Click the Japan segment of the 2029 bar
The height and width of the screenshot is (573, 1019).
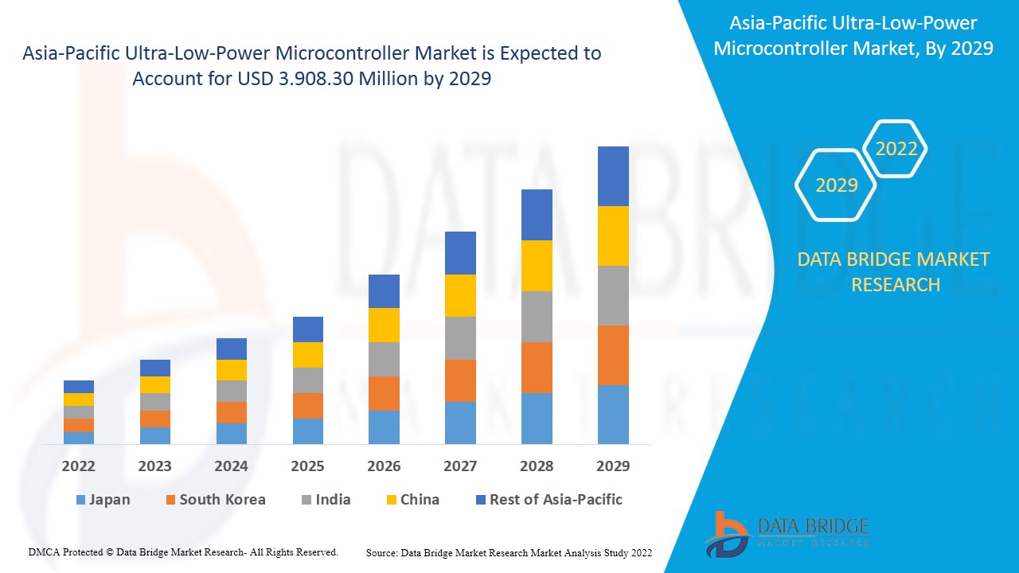coord(613,414)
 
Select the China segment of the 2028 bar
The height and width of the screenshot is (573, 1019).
coord(537,265)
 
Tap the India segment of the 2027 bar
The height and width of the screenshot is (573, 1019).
coord(460,337)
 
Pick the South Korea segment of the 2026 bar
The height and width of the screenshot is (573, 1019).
coord(384,393)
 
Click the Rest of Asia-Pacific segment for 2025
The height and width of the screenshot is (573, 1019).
coord(308,329)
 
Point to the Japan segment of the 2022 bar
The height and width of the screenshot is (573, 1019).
coord(79,438)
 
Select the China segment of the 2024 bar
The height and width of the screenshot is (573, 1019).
coord(232,369)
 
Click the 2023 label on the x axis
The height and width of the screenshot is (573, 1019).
coord(155,466)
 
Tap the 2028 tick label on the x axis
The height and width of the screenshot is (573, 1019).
coord(537,466)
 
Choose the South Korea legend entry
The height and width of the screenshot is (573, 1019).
coord(215,500)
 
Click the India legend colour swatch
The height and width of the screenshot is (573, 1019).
coord(305,501)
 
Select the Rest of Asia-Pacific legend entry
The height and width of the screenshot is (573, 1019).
coord(549,500)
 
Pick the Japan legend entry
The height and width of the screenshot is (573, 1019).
coord(103,500)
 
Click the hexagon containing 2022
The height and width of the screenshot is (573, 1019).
coord(896,149)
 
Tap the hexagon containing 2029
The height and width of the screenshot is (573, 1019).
coord(836,185)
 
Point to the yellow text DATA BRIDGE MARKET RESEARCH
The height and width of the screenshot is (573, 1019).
coord(893,271)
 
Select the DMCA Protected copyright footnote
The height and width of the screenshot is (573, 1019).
coord(183,552)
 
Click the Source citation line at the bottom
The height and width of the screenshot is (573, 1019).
coord(509,552)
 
